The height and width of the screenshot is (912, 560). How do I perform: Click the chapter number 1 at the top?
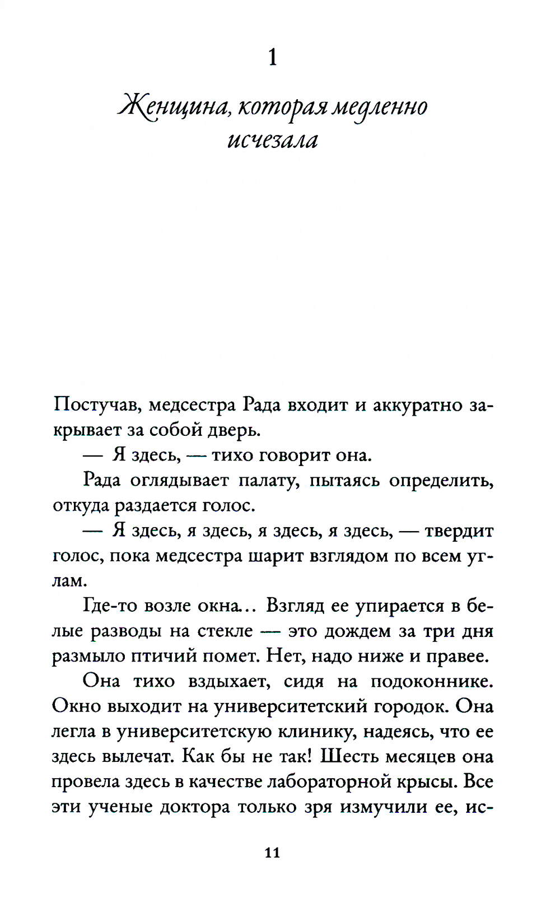point(273,57)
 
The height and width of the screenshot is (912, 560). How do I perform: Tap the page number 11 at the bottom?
point(272,853)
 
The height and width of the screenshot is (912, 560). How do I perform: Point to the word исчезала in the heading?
point(273,139)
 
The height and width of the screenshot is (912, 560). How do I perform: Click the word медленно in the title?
point(380,106)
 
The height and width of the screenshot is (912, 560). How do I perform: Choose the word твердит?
point(459,531)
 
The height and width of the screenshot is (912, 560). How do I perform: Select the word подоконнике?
point(432,681)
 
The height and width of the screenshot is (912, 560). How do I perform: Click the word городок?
point(412,706)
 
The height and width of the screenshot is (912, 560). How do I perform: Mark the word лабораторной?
point(329,781)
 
